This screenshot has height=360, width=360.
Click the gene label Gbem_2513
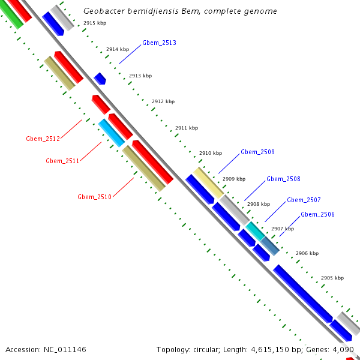tap(159, 43)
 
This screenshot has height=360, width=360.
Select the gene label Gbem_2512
tap(43, 139)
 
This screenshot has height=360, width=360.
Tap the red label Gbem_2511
tap(62, 161)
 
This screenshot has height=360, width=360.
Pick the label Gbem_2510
tap(94, 197)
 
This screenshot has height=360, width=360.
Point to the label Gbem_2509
tap(257, 152)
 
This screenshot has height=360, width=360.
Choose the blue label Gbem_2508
tap(283, 179)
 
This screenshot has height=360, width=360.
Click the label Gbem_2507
tap(304, 200)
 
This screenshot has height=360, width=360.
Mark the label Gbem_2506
tap(317, 214)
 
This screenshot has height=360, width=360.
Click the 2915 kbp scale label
tap(95, 23)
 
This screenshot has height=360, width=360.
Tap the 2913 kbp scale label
tap(140, 76)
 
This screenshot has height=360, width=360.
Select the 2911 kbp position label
tap(187, 128)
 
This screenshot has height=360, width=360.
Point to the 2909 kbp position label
tap(234, 179)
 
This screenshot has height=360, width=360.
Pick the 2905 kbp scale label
tap(332, 278)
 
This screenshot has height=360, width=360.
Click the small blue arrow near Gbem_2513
tap(100, 79)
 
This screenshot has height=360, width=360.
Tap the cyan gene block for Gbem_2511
tap(112, 133)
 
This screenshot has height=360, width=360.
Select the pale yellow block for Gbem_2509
tap(208, 182)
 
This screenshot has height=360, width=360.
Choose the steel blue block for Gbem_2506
tap(269, 245)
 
